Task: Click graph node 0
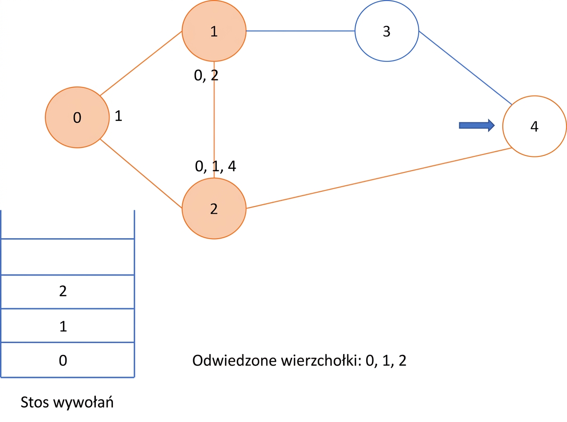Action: [x=77, y=117]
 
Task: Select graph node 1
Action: [x=214, y=31]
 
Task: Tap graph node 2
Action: [x=214, y=208]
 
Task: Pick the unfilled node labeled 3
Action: [x=387, y=31]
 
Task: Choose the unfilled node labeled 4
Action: [x=534, y=126]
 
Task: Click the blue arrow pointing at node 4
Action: [x=477, y=126]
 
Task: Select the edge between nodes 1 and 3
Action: [x=301, y=31]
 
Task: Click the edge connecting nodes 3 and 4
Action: [x=465, y=68]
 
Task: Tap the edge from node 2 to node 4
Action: [x=379, y=178]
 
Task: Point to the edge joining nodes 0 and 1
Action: [x=141, y=63]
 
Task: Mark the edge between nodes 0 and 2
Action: [x=141, y=173]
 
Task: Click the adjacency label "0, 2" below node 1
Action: [x=206, y=76]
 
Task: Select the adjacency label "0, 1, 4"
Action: [x=215, y=166]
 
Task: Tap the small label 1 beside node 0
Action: [x=118, y=116]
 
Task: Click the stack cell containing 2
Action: [x=68, y=292]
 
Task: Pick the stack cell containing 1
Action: [x=68, y=325]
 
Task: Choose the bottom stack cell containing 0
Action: [x=68, y=360]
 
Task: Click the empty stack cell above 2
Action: [x=68, y=257]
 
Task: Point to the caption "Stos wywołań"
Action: [x=67, y=403]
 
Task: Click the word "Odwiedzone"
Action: [x=234, y=361]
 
